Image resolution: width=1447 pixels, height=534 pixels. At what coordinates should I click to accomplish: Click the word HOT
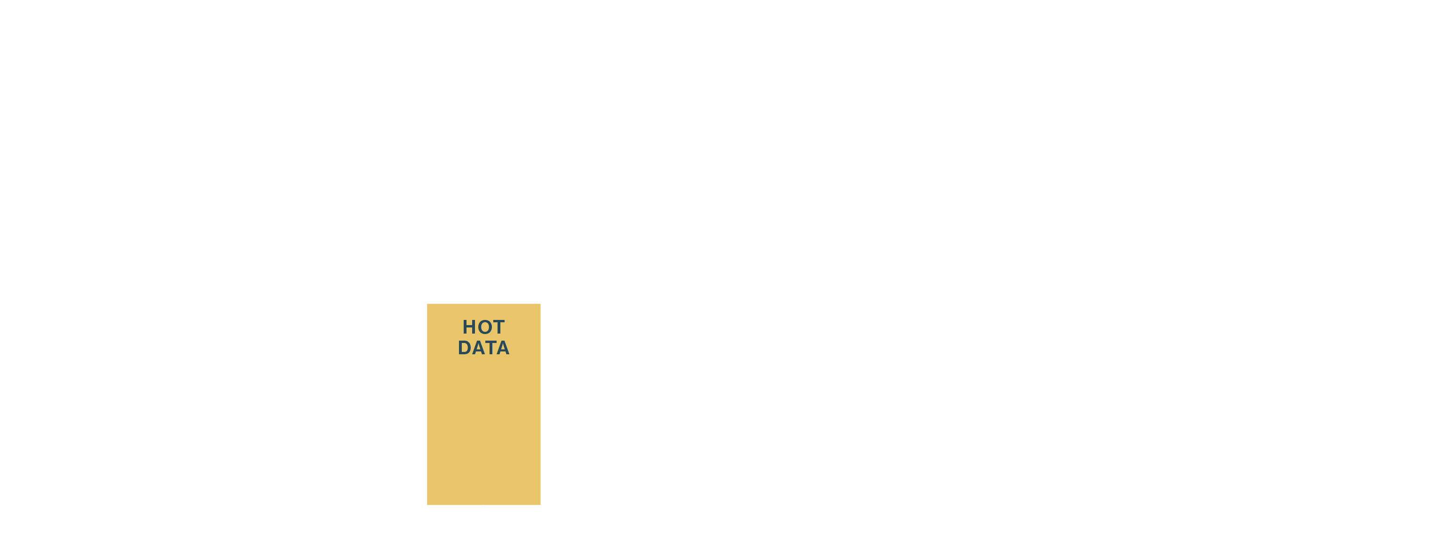(x=483, y=327)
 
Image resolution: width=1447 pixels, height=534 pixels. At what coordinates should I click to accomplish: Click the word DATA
(x=483, y=348)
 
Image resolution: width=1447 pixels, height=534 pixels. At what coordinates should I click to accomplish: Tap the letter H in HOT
(x=469, y=327)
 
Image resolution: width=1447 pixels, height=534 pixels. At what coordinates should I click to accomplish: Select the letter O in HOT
(x=483, y=327)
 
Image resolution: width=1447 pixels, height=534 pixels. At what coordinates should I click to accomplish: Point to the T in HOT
(x=498, y=327)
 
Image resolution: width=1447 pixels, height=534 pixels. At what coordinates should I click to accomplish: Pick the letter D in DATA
(x=465, y=348)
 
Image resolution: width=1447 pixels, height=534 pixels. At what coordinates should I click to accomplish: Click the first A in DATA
(x=477, y=348)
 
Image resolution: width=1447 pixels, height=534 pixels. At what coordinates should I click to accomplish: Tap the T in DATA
(x=490, y=348)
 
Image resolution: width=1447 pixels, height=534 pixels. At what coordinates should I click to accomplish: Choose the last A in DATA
(x=503, y=348)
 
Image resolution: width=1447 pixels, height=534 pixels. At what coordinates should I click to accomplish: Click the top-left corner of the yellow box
(x=427, y=304)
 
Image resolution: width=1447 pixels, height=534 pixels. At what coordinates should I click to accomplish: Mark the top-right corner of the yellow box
(x=540, y=304)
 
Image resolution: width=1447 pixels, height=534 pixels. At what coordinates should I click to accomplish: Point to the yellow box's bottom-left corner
(x=427, y=504)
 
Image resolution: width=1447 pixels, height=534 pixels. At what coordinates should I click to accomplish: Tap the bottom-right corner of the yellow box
(x=540, y=504)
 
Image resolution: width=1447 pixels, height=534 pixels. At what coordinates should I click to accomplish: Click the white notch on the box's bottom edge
(x=483, y=505)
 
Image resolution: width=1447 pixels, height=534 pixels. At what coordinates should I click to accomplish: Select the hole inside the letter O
(x=483, y=327)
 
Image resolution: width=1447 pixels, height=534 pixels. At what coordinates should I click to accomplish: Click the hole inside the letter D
(x=465, y=348)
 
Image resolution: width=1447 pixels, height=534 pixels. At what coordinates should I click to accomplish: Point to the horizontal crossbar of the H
(x=469, y=327)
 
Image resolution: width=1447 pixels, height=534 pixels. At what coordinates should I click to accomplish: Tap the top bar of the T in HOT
(x=498, y=321)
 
